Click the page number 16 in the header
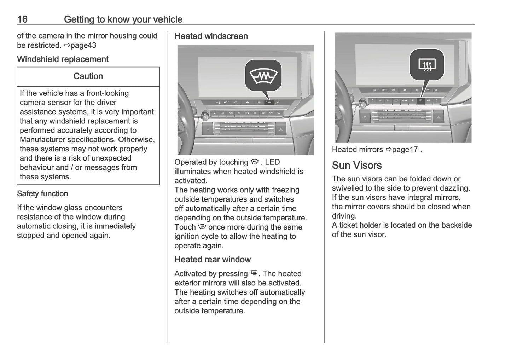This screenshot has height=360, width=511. point(22,19)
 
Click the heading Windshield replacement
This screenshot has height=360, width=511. point(63,59)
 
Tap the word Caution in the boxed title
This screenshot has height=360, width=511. point(88,76)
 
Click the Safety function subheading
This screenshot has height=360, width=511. point(42,193)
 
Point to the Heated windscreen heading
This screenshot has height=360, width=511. point(211,36)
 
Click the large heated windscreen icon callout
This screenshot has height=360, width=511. point(264,76)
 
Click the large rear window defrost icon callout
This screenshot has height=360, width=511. point(427,64)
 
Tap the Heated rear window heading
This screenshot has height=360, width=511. point(213,259)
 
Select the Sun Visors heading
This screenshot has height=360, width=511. point(356,165)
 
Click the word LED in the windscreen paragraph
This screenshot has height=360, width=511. point(272,162)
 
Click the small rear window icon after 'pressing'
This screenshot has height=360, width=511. point(254,273)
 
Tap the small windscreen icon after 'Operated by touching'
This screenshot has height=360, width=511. point(255,162)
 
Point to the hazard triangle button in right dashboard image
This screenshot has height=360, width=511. point(438,117)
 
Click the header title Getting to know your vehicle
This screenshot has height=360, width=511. point(123,19)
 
